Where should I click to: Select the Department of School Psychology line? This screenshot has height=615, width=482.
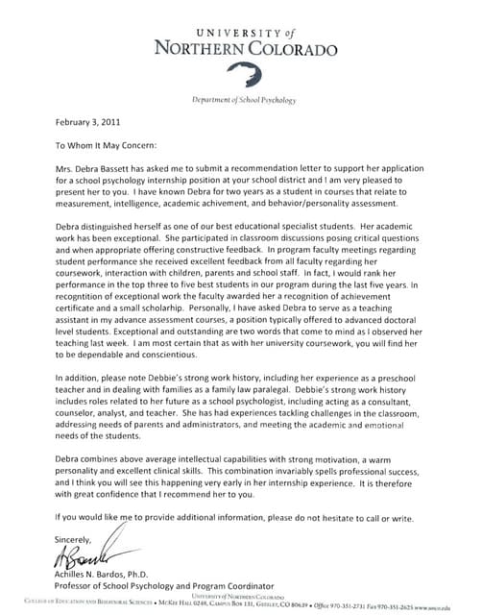click(x=244, y=99)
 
